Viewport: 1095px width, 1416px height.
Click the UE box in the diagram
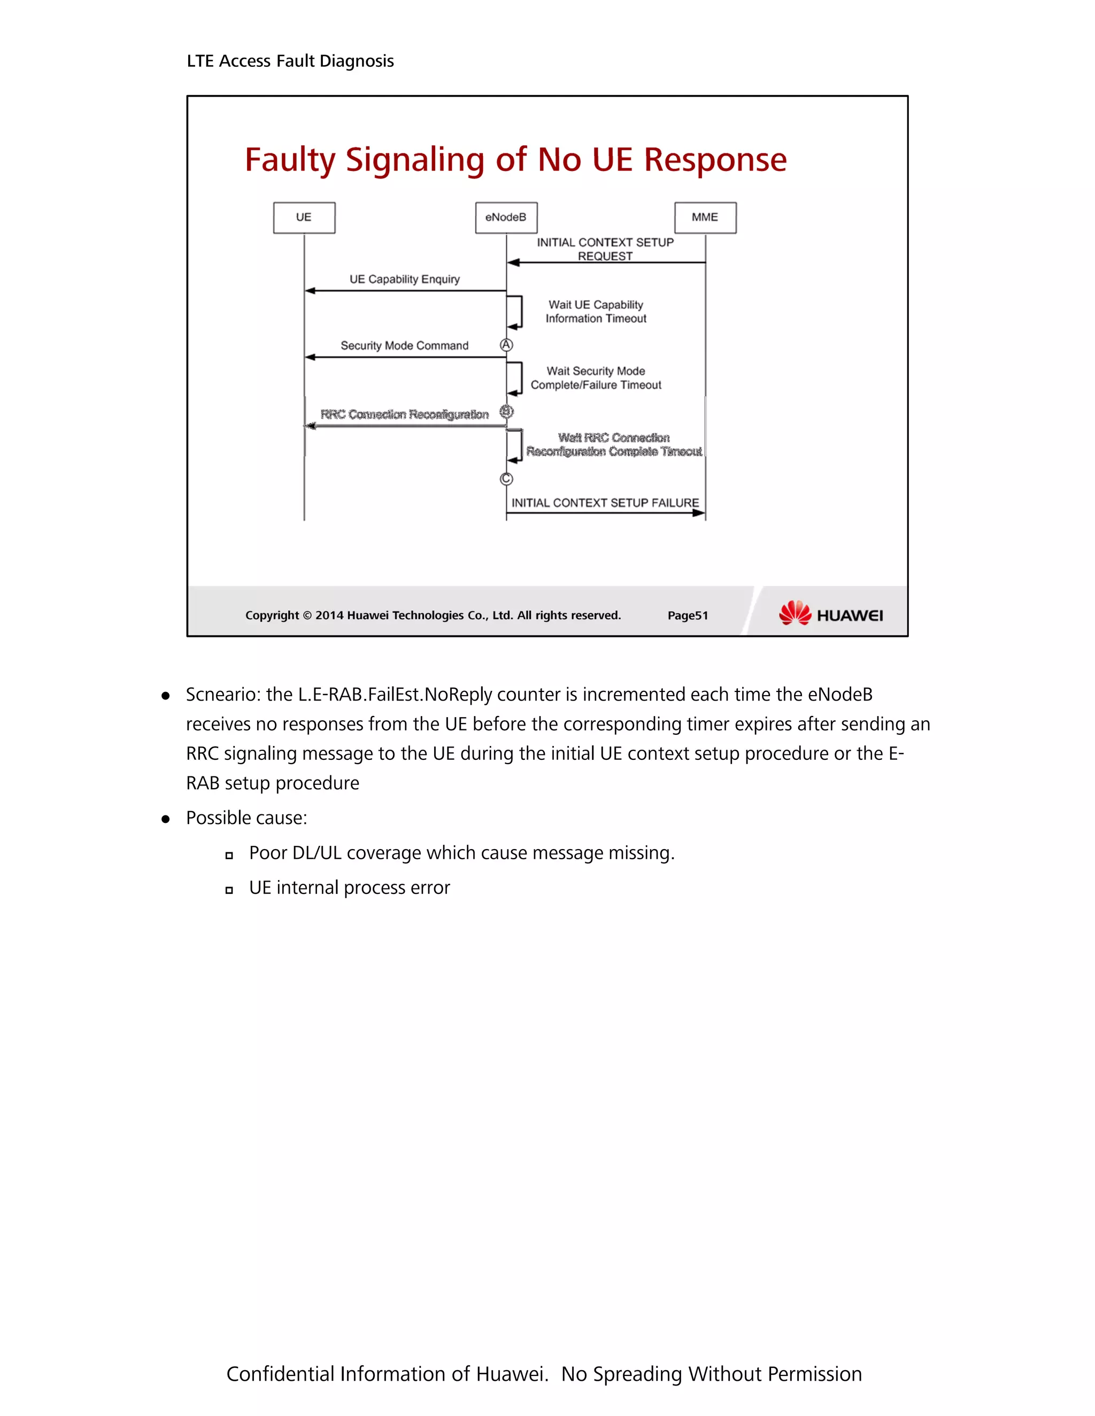pyautogui.click(x=304, y=217)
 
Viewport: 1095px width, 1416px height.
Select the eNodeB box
pyautogui.click(x=506, y=217)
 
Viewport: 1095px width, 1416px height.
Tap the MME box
pyautogui.click(x=705, y=217)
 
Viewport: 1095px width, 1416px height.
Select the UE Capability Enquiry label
pyautogui.click(x=404, y=279)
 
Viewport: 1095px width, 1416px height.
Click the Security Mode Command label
pyautogui.click(x=404, y=346)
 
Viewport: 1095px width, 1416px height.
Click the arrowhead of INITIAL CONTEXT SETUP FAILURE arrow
pyautogui.click(x=699, y=514)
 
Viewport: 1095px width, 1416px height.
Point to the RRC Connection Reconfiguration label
pyautogui.click(x=404, y=414)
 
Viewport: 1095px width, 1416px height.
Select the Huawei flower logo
pyautogui.click(x=795, y=613)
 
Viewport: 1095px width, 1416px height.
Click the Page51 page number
pyautogui.click(x=688, y=615)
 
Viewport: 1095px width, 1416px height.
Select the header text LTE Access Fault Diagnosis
pyautogui.click(x=290, y=61)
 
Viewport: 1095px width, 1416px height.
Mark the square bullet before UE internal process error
pyautogui.click(x=229, y=891)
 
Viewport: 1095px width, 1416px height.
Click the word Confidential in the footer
pyautogui.click(x=280, y=1374)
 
